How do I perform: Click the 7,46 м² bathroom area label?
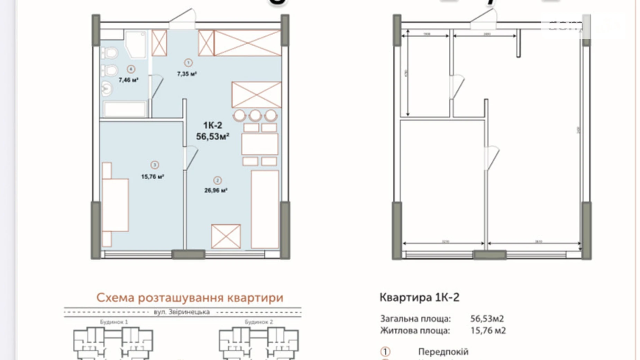pos(128,80)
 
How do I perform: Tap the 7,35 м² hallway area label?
pos(187,74)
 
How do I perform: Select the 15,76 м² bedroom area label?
pos(152,177)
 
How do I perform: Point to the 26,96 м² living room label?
pos(216,190)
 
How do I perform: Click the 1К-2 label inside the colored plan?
pos(212,125)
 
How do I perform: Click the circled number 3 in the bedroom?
pos(155,165)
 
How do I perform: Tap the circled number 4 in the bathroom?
pos(131,69)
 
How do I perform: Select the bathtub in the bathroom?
pos(125,109)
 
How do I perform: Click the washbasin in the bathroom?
pos(107,89)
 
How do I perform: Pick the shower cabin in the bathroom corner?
pos(136,44)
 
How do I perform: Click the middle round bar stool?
pos(255,115)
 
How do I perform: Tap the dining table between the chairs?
pos(260,144)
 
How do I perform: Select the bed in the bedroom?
pos(116,205)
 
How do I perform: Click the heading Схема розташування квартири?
pos(190,298)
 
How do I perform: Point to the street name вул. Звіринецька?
pos(182,312)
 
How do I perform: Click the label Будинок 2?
pos(259,322)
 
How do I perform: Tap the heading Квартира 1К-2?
pos(419,297)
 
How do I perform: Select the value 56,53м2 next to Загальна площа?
pos(487,318)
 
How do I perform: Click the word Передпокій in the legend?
pos(443,352)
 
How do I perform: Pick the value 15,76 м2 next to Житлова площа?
pos(488,331)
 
